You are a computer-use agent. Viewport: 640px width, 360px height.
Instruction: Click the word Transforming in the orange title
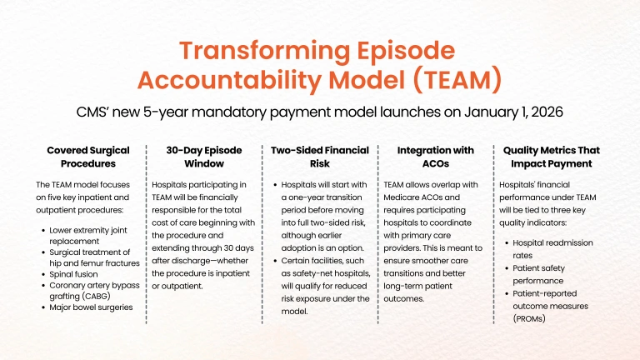click(264, 51)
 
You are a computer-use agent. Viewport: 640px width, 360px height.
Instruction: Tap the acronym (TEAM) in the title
click(457, 80)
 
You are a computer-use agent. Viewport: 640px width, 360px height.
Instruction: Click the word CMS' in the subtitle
click(92, 112)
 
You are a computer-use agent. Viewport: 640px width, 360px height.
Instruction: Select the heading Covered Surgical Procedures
click(88, 157)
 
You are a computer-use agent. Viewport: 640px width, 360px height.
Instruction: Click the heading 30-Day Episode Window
click(204, 157)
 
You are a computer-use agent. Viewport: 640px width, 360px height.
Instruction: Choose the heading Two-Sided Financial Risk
click(320, 157)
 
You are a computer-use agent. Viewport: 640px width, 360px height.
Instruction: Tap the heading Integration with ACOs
click(436, 157)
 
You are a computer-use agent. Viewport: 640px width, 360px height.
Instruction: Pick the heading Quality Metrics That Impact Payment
click(552, 157)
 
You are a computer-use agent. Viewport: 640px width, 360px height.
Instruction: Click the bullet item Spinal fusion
click(73, 274)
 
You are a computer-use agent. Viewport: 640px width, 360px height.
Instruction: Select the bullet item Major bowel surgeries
click(91, 307)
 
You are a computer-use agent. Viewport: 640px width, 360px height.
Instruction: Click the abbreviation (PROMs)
click(529, 319)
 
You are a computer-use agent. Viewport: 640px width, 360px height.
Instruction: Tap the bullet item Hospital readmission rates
click(552, 249)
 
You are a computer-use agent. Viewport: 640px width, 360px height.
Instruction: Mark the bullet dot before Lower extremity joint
click(43, 231)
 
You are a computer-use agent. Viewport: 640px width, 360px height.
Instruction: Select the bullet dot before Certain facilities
click(275, 261)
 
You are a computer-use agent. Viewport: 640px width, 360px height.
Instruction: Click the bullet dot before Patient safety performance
click(507, 268)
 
